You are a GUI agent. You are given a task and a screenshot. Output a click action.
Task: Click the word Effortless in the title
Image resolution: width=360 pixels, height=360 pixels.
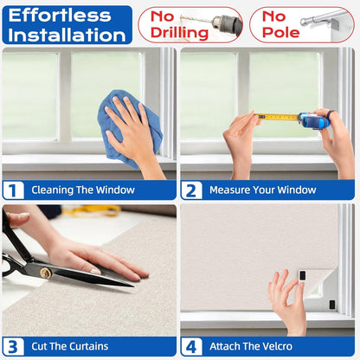click(x=60, y=16)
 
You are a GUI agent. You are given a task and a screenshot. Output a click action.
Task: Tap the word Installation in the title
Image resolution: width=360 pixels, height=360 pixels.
click(x=67, y=35)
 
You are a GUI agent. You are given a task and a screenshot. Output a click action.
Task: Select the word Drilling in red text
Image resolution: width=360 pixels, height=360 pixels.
click(x=179, y=33)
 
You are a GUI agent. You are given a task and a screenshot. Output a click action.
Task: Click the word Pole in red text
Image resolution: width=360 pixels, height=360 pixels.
click(x=281, y=32)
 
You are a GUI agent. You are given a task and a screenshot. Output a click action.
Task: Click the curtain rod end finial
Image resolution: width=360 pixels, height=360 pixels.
click(x=304, y=22)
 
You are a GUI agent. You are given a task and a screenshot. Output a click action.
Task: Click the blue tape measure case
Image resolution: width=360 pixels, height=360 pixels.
click(x=314, y=119)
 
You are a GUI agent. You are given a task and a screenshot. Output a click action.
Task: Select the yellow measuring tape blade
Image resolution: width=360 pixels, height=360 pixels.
click(x=277, y=117)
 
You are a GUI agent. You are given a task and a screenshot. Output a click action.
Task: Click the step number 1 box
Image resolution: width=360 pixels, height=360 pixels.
click(x=13, y=190)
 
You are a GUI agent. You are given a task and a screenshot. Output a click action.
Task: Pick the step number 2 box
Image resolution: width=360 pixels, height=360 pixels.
click(x=191, y=190)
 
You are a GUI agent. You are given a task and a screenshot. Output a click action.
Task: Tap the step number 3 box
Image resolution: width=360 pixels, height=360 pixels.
click(x=13, y=346)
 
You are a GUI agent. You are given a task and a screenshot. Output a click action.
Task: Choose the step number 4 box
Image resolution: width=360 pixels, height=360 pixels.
click(x=191, y=346)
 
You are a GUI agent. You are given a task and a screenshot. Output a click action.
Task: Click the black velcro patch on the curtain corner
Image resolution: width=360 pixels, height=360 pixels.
click(x=302, y=275)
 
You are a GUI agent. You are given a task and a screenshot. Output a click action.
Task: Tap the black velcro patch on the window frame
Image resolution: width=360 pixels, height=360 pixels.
click(x=332, y=305)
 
